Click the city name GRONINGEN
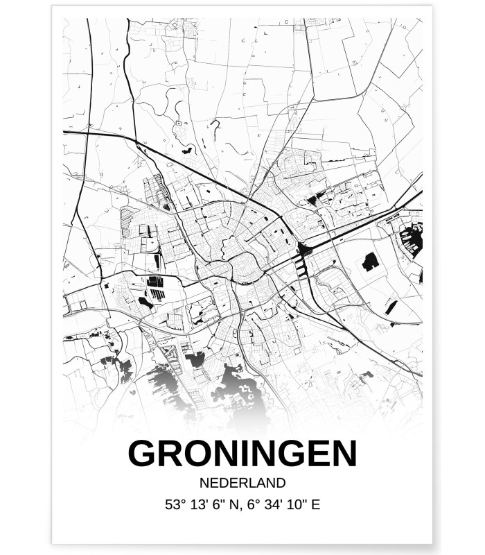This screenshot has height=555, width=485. coord(242,454)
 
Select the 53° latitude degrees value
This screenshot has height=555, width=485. coord(175,504)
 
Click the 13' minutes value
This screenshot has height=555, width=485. coord(200,504)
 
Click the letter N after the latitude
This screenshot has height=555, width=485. coord(234,504)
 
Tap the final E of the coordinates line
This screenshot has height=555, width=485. coord(317,504)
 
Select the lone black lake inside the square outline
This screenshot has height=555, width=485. coord(370,262)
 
